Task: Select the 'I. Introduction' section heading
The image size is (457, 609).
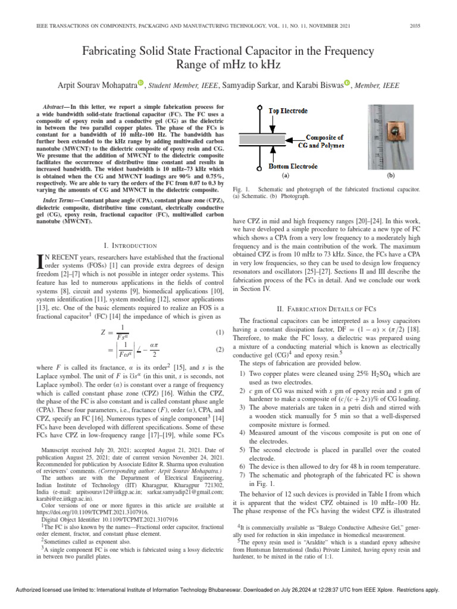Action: pyautogui.click(x=130, y=246)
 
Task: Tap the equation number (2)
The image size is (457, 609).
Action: pyautogui.click(x=219, y=350)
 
